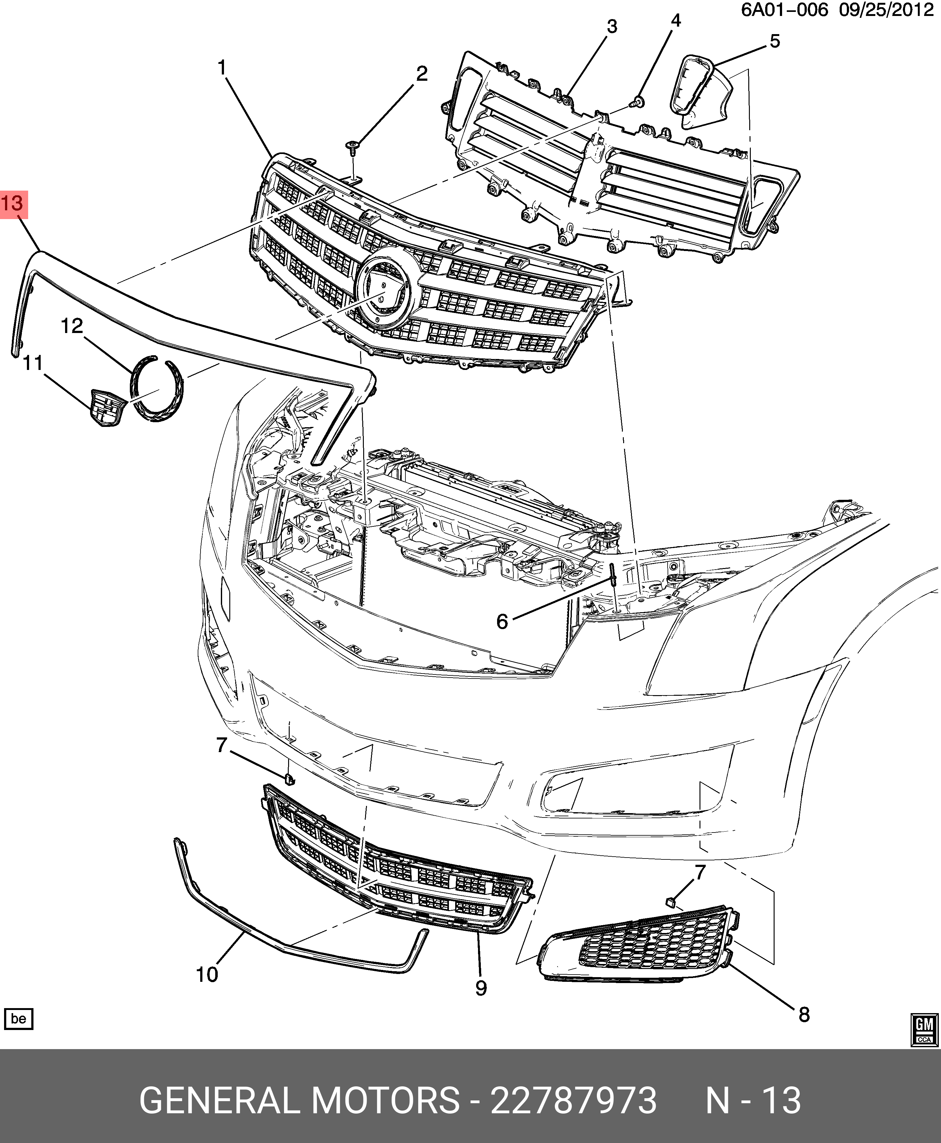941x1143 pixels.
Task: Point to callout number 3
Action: [612, 26]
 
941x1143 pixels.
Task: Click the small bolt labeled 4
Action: [638, 102]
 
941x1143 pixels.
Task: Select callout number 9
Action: [481, 988]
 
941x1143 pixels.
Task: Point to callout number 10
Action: [207, 974]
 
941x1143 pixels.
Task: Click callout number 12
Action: [72, 326]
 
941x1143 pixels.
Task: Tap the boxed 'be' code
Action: [18, 1019]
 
